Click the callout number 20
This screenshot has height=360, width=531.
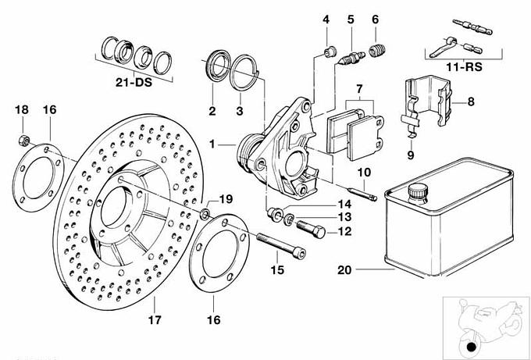pos(344,272)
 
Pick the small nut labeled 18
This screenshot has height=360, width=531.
pos(24,140)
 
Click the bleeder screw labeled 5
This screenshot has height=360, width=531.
pos(351,57)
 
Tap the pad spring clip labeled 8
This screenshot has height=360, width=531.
pos(430,102)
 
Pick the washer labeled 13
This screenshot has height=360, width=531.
pos(289,216)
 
